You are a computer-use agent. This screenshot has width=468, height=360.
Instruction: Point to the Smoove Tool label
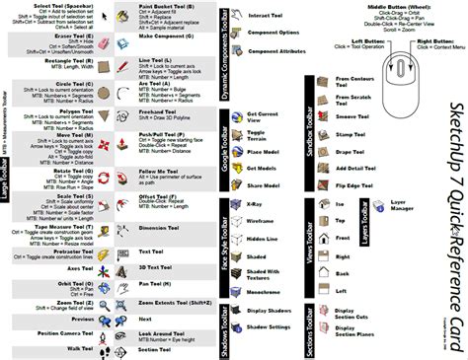tap(352, 114)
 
